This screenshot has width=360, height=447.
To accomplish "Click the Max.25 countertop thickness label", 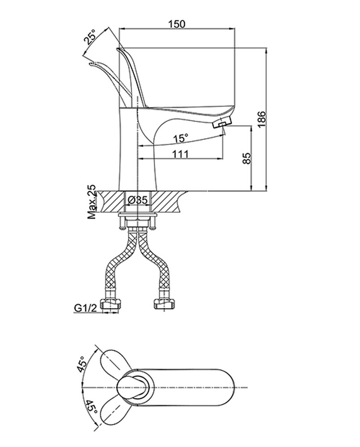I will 92,202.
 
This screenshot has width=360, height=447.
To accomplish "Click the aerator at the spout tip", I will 222,122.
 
